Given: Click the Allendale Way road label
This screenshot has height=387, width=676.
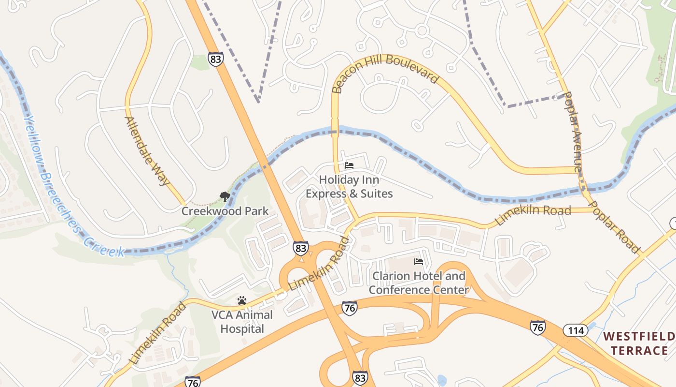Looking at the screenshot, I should (147, 150).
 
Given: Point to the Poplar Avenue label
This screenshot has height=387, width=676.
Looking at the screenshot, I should (573, 132).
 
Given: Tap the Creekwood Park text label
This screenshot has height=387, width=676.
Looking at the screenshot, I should (225, 211).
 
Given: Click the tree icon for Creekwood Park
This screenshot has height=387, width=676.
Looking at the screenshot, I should (225, 197).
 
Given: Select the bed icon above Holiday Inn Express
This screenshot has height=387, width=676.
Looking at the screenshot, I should (349, 165).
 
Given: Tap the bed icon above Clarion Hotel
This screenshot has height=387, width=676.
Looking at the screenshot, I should (419, 262).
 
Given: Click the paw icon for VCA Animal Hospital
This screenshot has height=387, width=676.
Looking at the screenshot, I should (242, 300).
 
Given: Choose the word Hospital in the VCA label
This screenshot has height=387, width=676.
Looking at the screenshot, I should (242, 329).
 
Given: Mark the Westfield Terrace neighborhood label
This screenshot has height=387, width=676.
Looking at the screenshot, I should (639, 343).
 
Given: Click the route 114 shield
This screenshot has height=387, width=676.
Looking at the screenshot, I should (575, 331).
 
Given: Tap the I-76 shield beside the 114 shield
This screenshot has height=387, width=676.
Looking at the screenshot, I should (537, 327).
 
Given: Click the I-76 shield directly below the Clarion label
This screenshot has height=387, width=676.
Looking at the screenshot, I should (350, 308).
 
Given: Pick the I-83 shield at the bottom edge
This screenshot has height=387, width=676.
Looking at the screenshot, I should (360, 378).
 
